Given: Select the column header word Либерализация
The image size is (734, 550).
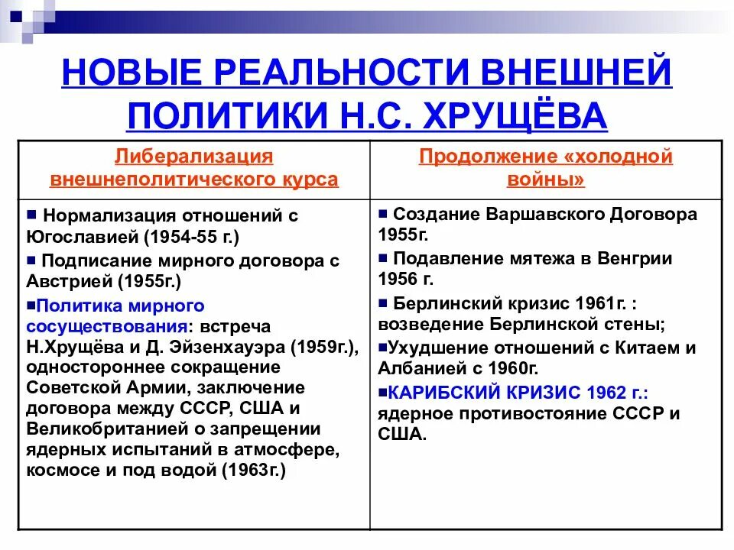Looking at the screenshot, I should pyautogui.click(x=193, y=157).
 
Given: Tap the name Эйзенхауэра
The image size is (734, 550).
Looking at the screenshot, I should pyautogui.click(x=232, y=347).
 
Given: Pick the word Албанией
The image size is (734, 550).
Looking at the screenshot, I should pyautogui.click(x=418, y=368).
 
